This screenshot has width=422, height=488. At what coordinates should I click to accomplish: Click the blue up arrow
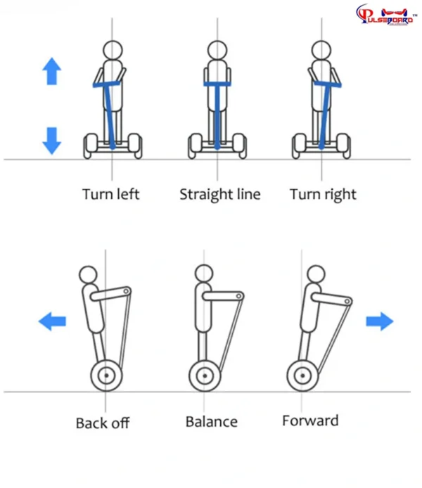point(52,72)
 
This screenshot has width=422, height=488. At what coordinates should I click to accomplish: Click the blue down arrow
point(52,139)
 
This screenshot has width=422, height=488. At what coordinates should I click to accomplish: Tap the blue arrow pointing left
point(52,322)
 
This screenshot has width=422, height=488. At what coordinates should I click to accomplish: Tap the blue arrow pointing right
point(380,322)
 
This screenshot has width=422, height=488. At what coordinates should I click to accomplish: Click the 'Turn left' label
point(111,194)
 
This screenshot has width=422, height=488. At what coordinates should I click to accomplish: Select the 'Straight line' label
point(219,194)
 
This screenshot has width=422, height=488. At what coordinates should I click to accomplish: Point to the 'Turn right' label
point(323,194)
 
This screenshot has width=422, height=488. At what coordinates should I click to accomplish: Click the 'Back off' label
point(103,423)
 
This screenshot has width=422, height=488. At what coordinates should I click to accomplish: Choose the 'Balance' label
point(211,422)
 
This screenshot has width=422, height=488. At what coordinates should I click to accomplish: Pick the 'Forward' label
point(310,420)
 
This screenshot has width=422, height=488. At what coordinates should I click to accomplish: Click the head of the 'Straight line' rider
point(217,50)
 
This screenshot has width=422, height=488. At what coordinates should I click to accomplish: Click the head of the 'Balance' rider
point(203,273)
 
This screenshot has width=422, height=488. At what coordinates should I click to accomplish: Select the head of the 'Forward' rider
point(316,273)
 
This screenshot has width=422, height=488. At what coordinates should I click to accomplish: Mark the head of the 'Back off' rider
point(88,274)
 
